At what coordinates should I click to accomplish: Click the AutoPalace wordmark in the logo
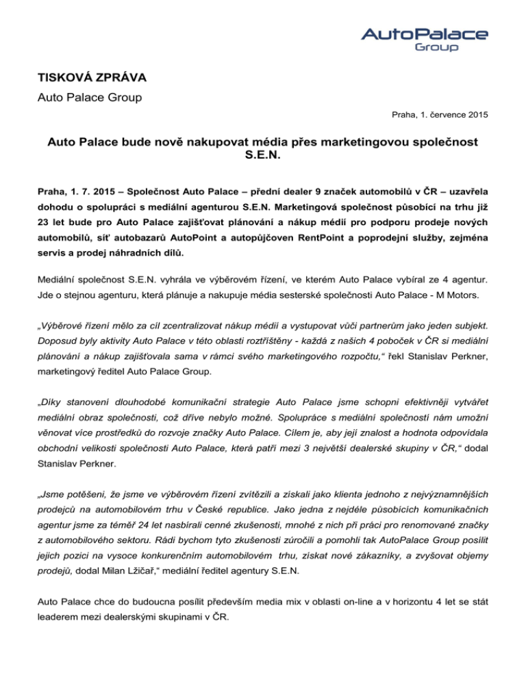[x=424, y=34]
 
